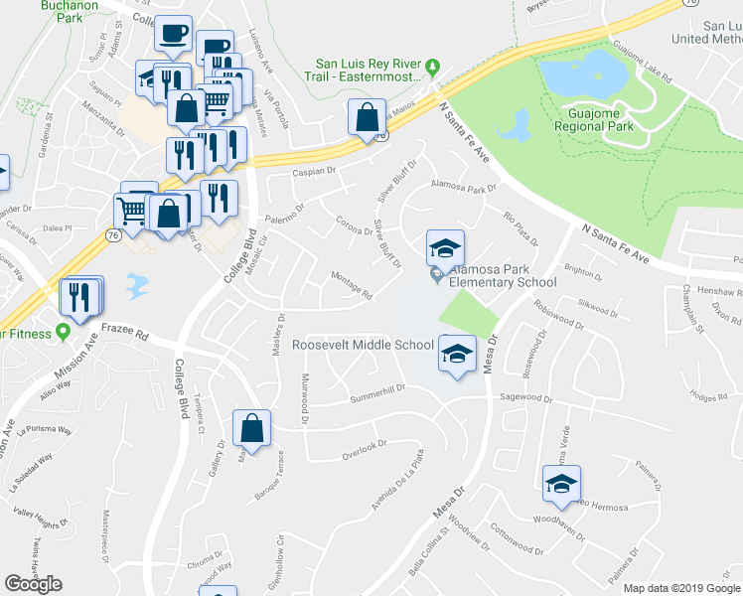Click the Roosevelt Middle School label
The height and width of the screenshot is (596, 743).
pos(363,346)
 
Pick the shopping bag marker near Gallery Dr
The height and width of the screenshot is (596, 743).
pos(252,428)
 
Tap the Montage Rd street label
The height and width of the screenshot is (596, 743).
pos(351,286)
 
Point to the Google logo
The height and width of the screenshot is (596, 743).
pos(33,584)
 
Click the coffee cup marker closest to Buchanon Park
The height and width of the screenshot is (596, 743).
pos(173,32)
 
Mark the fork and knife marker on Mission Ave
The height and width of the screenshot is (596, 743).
pos(78,297)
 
